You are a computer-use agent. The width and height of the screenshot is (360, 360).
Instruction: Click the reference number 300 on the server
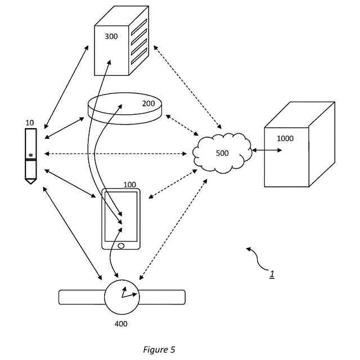tap(111, 36)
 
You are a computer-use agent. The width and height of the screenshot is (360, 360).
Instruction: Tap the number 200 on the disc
tap(148, 103)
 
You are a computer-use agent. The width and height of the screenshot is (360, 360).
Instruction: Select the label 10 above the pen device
tap(29, 122)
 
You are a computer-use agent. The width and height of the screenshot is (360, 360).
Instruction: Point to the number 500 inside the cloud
tap(222, 153)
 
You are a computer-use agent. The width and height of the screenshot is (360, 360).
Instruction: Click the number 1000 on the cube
tap(285, 138)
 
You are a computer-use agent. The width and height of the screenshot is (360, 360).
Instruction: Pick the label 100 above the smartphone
tap(129, 184)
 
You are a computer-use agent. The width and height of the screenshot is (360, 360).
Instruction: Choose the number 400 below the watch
tap(120, 323)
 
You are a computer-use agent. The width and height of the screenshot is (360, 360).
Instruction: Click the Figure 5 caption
tap(159, 350)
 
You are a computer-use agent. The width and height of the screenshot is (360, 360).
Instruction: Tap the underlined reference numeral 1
tap(272, 274)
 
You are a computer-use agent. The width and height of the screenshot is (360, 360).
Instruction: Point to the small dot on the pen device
tap(30, 154)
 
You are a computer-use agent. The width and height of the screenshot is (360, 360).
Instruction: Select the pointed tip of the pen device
tap(30, 182)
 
